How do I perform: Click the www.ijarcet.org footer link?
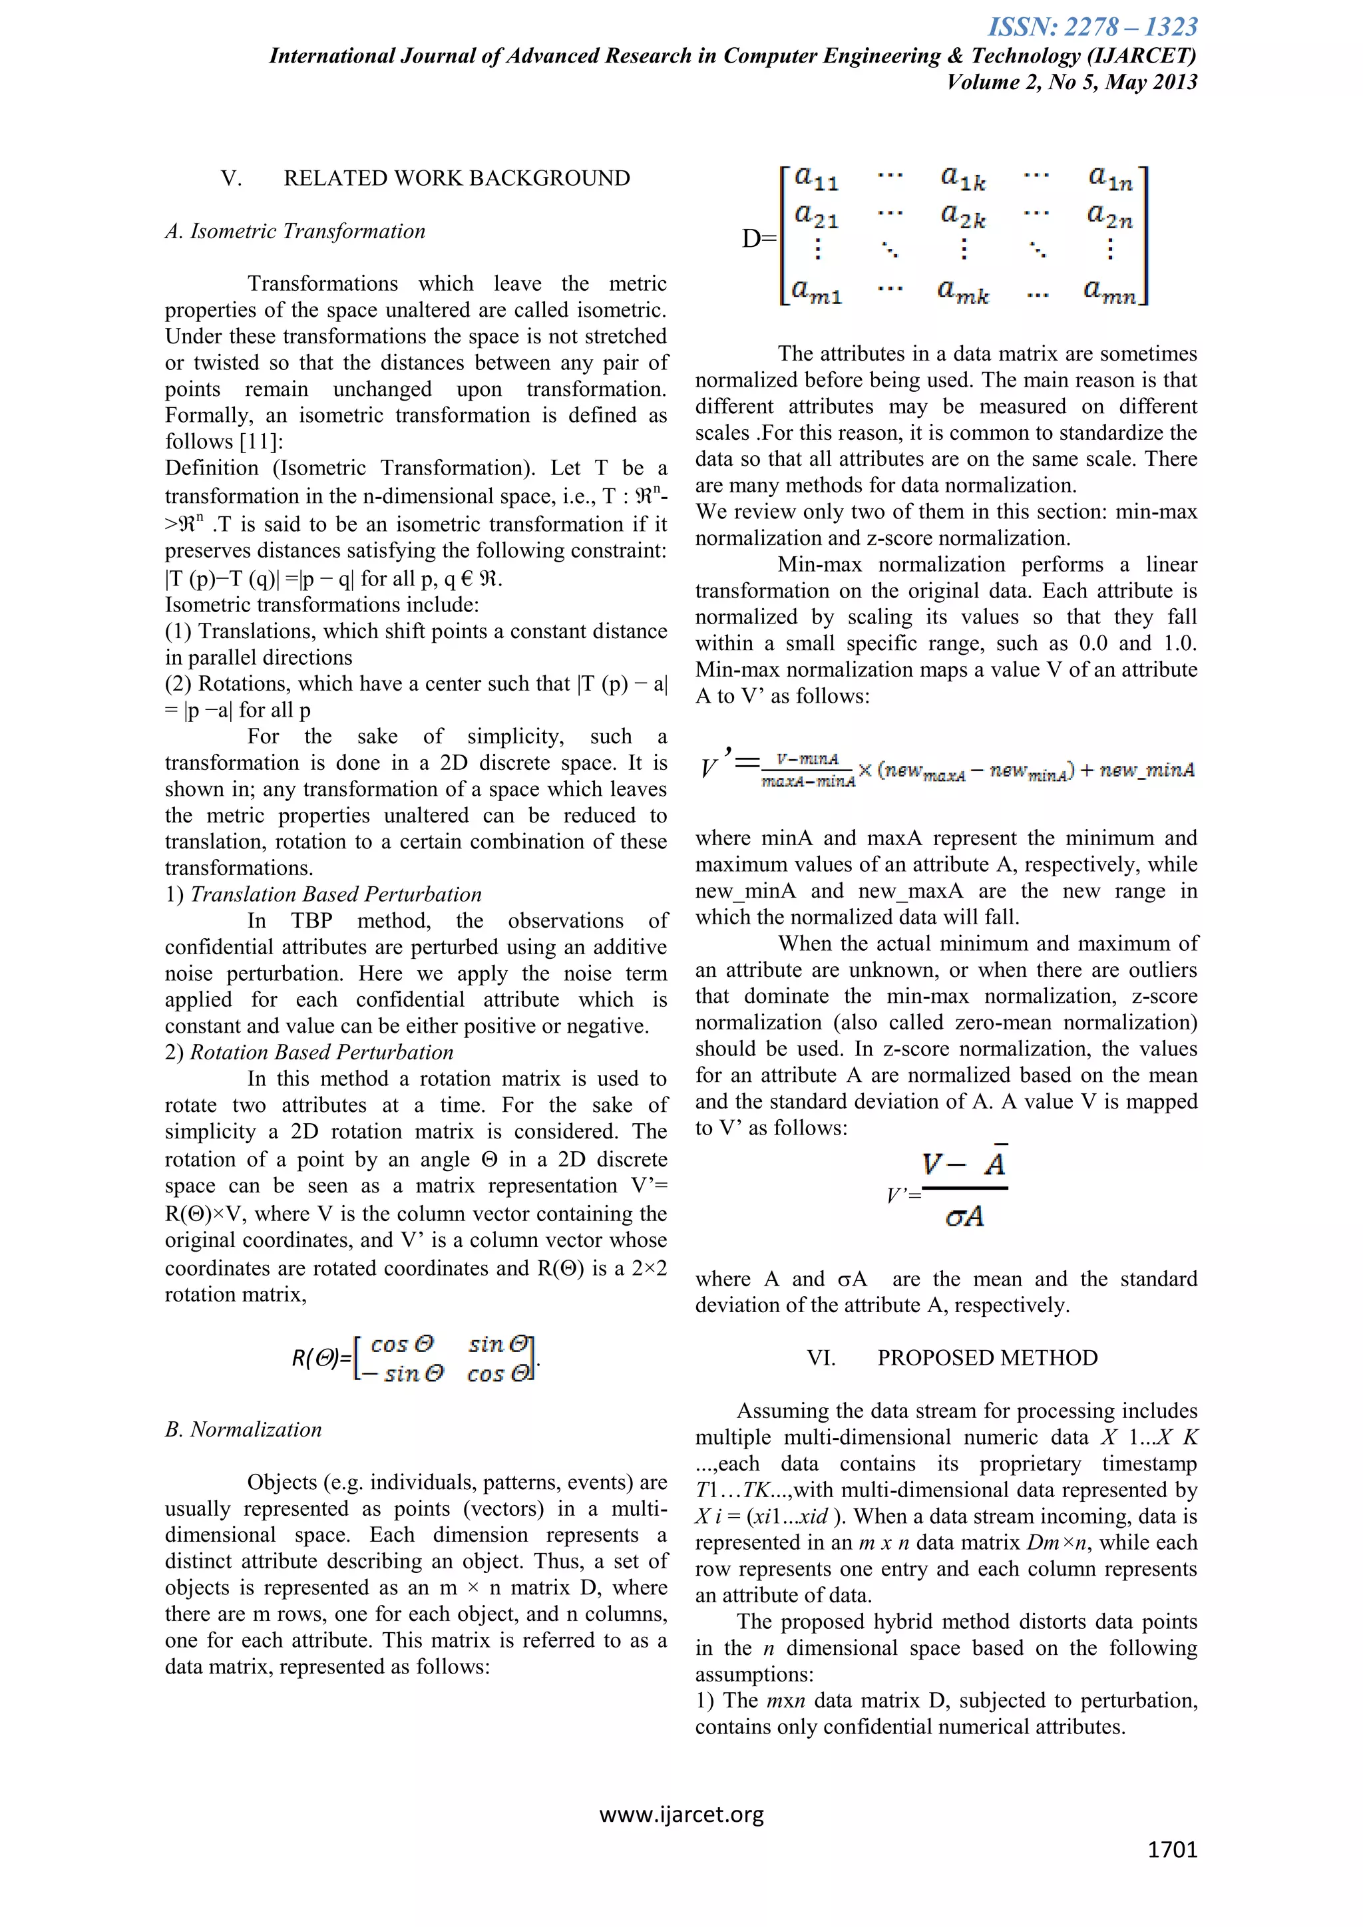click(x=681, y=1815)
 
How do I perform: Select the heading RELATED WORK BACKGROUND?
click(x=457, y=179)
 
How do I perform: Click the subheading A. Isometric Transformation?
click(x=295, y=232)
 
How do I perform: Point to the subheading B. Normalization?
click(x=244, y=1429)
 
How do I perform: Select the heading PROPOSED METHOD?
click(x=987, y=1358)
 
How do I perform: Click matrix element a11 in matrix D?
click(x=816, y=178)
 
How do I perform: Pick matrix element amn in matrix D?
click(x=1109, y=292)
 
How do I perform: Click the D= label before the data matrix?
click(x=759, y=239)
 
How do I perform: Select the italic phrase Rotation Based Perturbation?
click(x=321, y=1053)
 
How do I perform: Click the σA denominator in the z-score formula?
click(x=964, y=1217)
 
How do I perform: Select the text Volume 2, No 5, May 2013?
click(x=1071, y=83)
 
